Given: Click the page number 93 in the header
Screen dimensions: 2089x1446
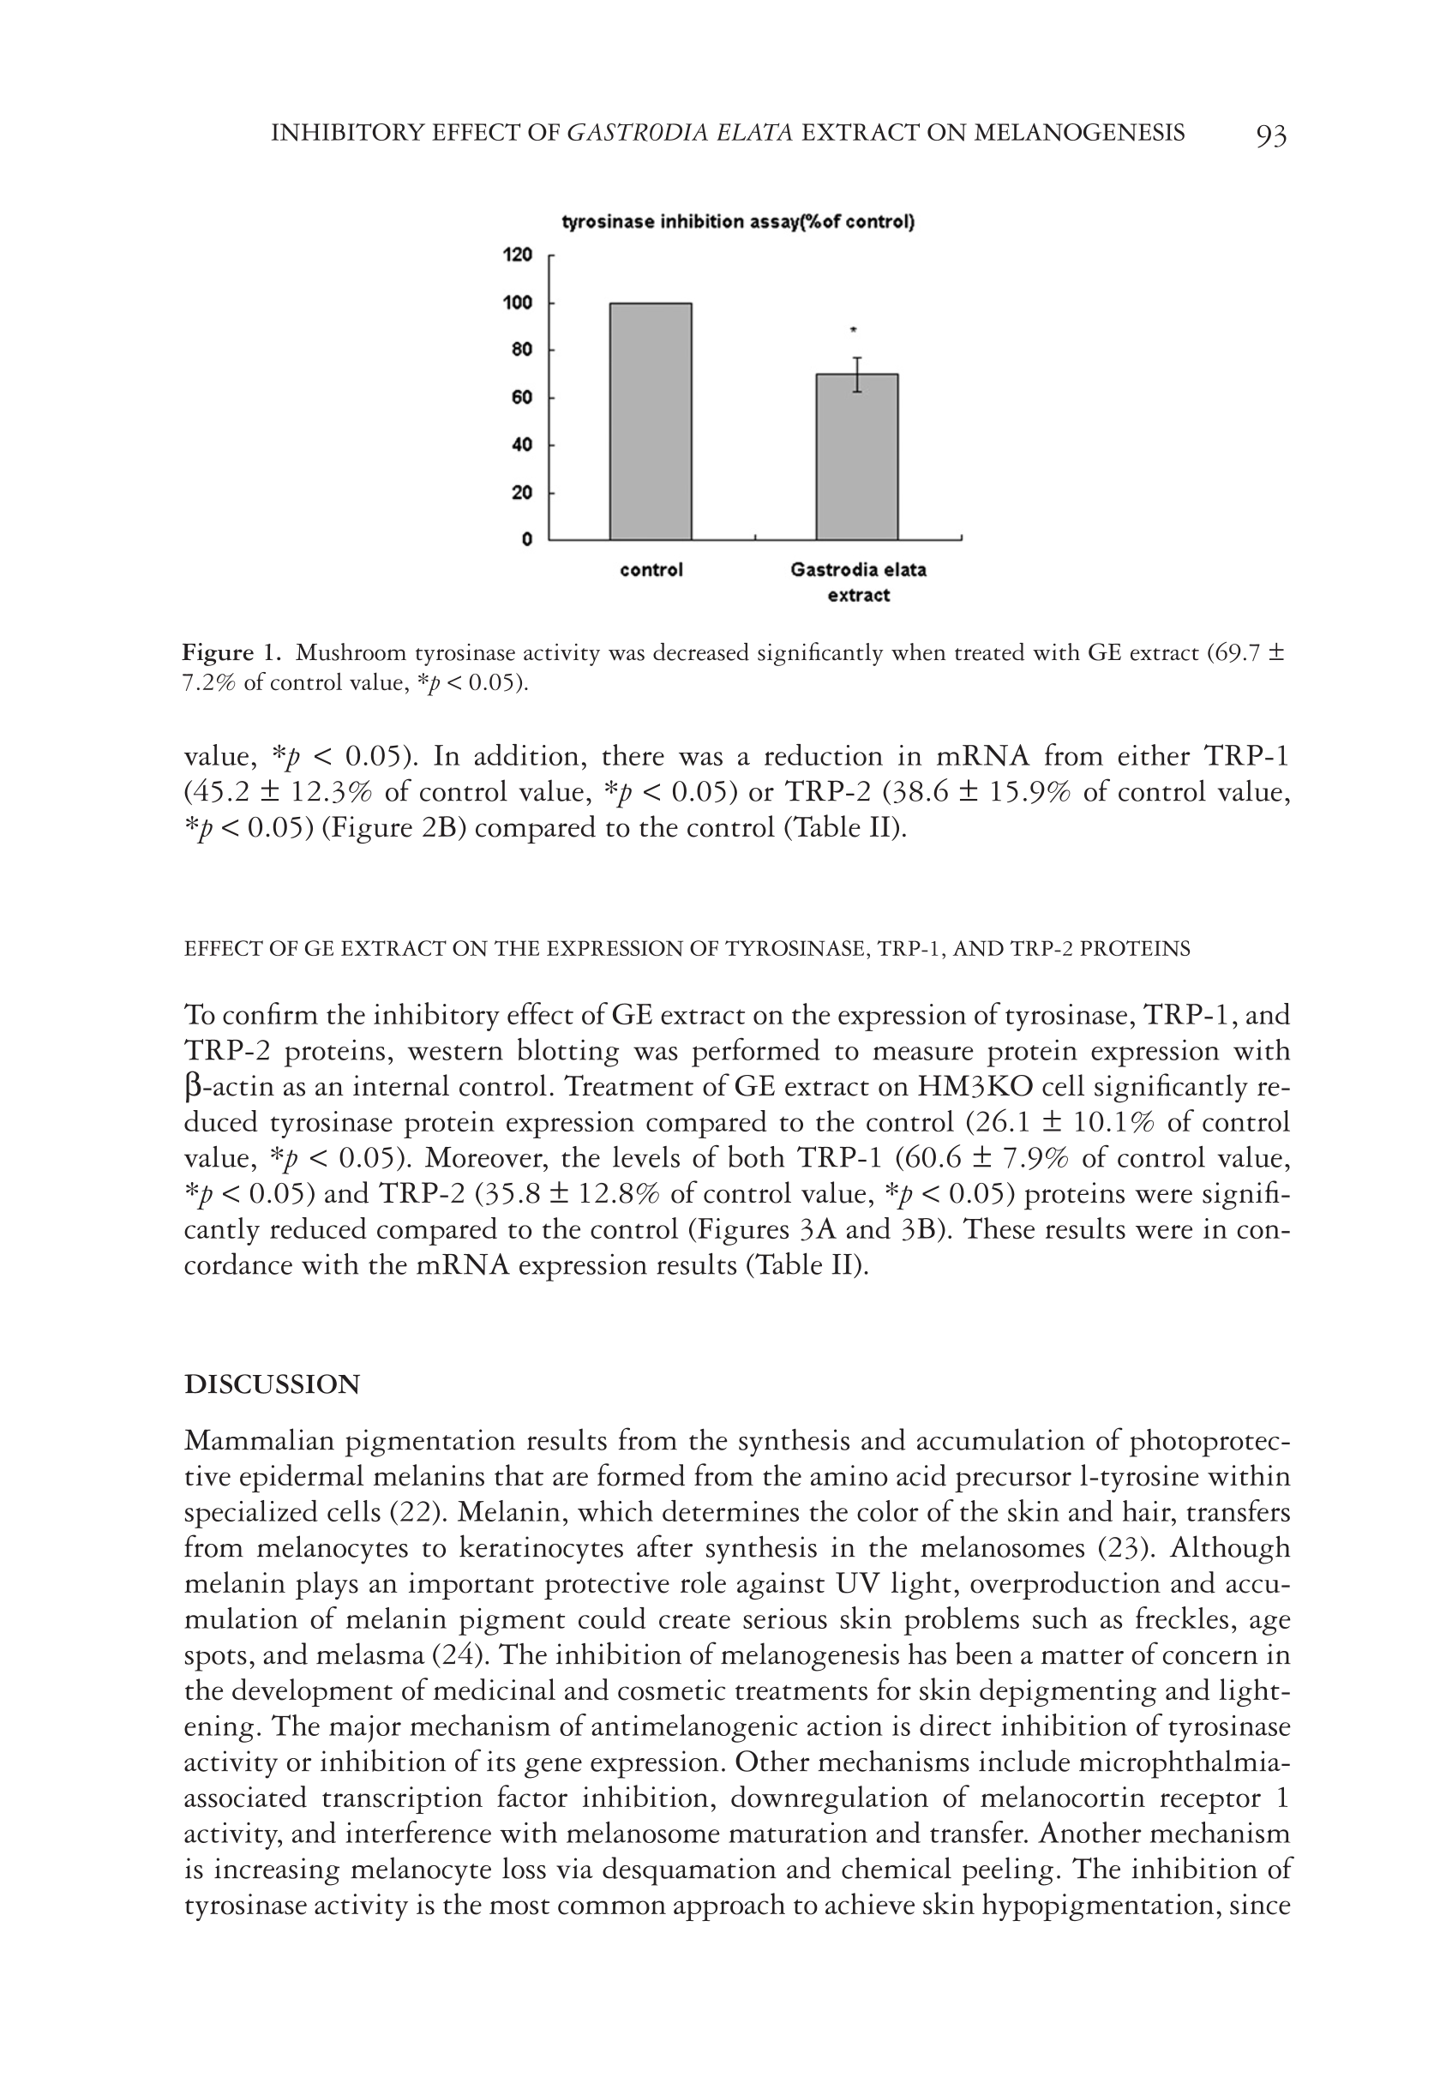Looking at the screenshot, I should (x=1271, y=136).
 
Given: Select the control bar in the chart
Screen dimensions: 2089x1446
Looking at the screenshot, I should (x=651, y=421).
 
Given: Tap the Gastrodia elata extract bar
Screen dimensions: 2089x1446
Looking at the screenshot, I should (x=857, y=457).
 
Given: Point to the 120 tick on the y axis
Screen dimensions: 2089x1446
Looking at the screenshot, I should (x=519, y=255).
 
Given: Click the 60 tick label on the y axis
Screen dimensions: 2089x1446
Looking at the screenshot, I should (x=521, y=398).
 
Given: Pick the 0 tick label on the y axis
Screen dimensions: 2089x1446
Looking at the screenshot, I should (x=527, y=540).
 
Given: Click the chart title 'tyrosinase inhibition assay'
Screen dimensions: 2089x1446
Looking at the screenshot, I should (x=737, y=222).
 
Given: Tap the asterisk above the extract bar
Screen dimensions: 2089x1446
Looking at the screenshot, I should (x=854, y=332).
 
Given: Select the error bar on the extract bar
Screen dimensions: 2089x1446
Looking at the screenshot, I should (x=857, y=374).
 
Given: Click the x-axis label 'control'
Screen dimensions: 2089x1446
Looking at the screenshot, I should (x=651, y=570).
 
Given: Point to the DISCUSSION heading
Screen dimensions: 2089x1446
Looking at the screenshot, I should (x=272, y=1385).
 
